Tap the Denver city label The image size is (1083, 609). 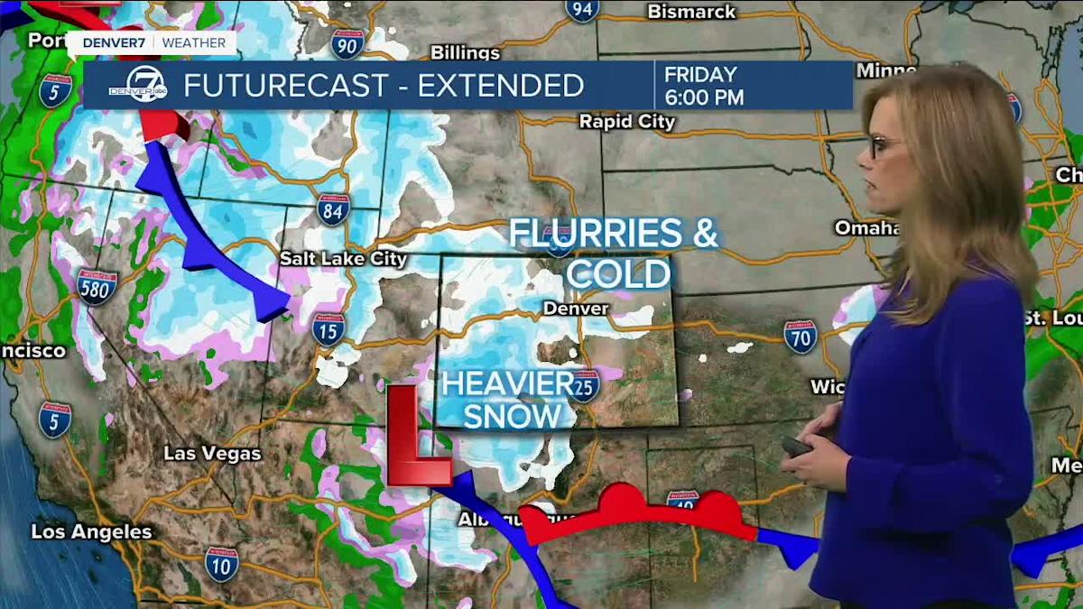[576, 309]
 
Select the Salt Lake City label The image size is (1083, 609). [343, 259]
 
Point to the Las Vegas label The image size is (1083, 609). [212, 453]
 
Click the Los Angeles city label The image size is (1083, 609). [91, 531]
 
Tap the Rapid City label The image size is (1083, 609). [626, 121]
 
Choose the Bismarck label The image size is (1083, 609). [691, 12]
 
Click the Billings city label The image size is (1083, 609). [465, 52]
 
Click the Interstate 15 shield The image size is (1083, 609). [329, 329]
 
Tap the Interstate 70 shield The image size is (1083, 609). [800, 336]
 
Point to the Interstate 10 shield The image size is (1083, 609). [221, 564]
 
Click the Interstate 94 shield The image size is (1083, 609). [582, 9]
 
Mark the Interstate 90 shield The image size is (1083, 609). [347, 43]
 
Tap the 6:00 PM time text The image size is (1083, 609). [704, 97]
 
